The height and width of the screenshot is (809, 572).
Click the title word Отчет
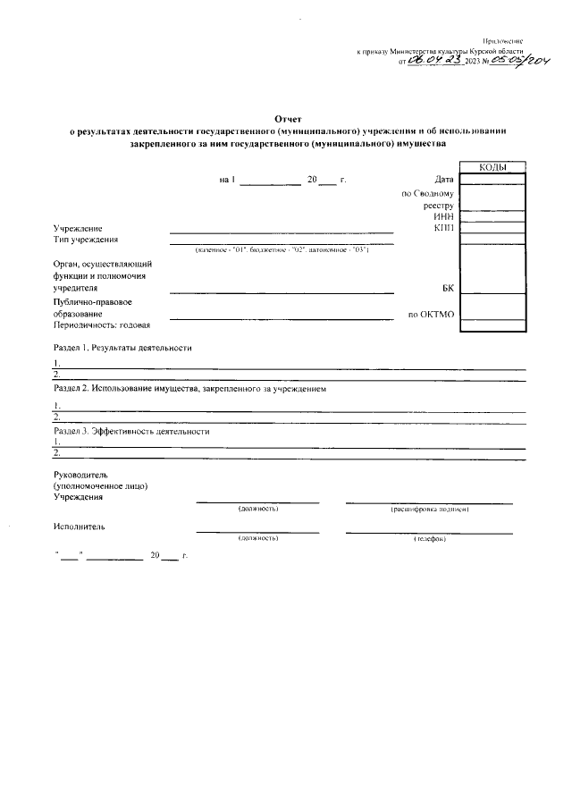(x=289, y=118)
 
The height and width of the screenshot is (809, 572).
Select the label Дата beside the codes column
(x=444, y=180)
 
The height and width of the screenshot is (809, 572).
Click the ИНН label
(x=444, y=216)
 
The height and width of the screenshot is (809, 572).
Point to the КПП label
(x=444, y=228)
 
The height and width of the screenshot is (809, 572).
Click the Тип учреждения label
(x=86, y=239)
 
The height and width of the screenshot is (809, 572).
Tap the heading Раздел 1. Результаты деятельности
(x=122, y=347)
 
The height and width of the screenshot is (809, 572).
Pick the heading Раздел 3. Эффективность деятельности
(x=131, y=431)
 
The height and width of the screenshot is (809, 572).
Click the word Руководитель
(x=80, y=474)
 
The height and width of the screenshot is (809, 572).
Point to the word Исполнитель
(x=79, y=527)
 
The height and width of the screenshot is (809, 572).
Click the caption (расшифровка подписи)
(x=430, y=509)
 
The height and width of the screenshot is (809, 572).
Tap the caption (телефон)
(x=430, y=539)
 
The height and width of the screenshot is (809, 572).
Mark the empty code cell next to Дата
(x=492, y=180)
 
